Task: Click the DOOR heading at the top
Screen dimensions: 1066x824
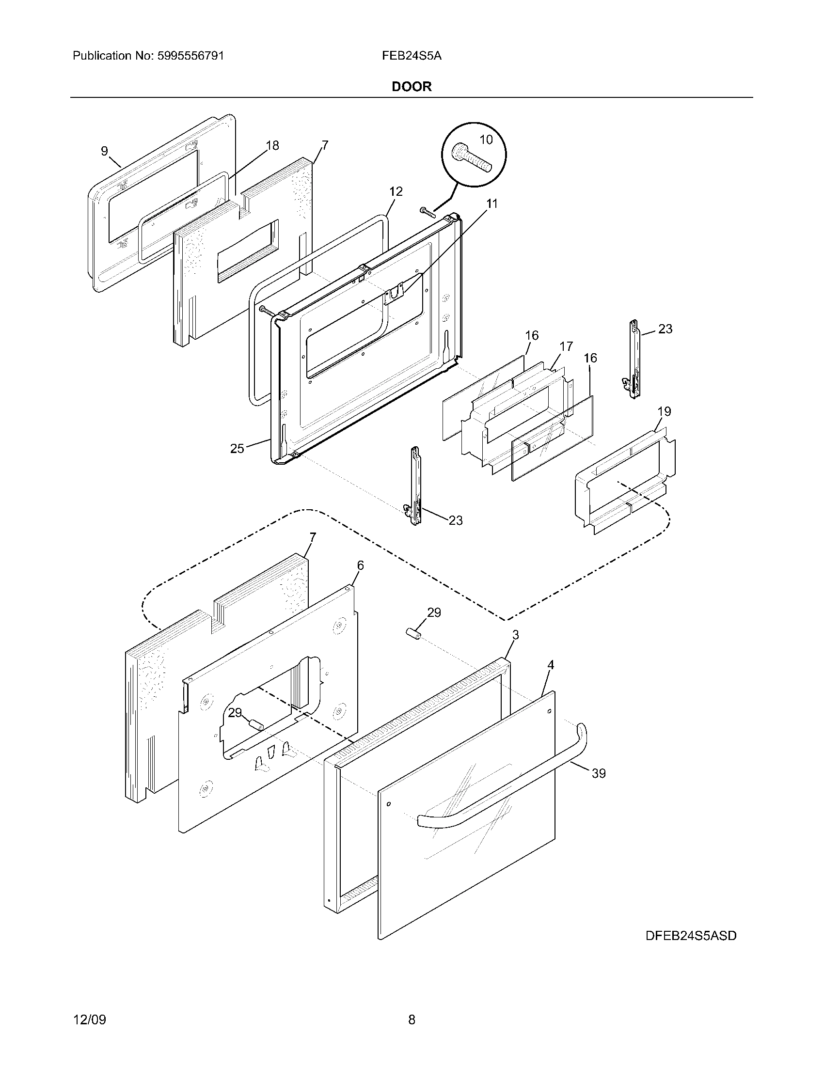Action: (x=412, y=87)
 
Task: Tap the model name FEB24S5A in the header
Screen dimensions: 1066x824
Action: (x=412, y=56)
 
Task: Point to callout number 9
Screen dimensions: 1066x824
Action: (x=105, y=151)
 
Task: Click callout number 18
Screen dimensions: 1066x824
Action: (x=272, y=145)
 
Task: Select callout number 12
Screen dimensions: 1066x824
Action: (x=396, y=192)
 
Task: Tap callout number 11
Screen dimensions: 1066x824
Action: (x=492, y=204)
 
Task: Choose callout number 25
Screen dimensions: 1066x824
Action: (x=237, y=448)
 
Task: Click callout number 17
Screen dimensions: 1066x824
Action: (x=566, y=346)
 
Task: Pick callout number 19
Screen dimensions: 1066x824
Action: (x=664, y=411)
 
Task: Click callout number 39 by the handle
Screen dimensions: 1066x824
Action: (x=599, y=774)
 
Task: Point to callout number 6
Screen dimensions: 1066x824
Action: (x=360, y=565)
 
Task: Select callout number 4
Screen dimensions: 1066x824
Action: (x=551, y=665)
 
